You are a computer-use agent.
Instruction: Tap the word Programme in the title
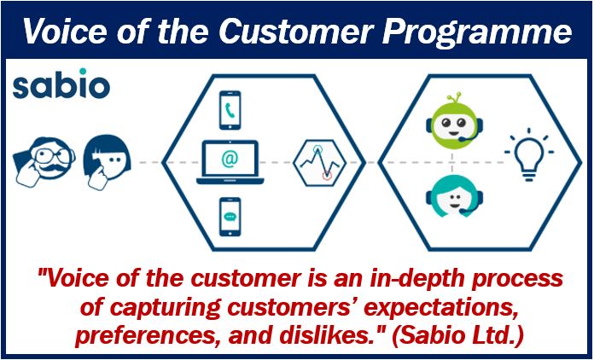(x=476, y=31)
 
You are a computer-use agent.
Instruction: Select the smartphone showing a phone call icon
(x=230, y=110)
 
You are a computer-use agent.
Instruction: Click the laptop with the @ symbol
(x=230, y=162)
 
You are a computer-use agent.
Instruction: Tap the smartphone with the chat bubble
(x=230, y=217)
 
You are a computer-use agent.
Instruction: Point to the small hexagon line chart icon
(x=320, y=162)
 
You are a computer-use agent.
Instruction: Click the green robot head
(x=454, y=121)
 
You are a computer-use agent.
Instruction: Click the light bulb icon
(x=529, y=154)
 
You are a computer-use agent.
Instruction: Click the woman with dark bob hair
(x=107, y=162)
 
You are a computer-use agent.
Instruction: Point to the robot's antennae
(x=454, y=97)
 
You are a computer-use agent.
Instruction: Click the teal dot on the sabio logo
(x=83, y=71)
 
